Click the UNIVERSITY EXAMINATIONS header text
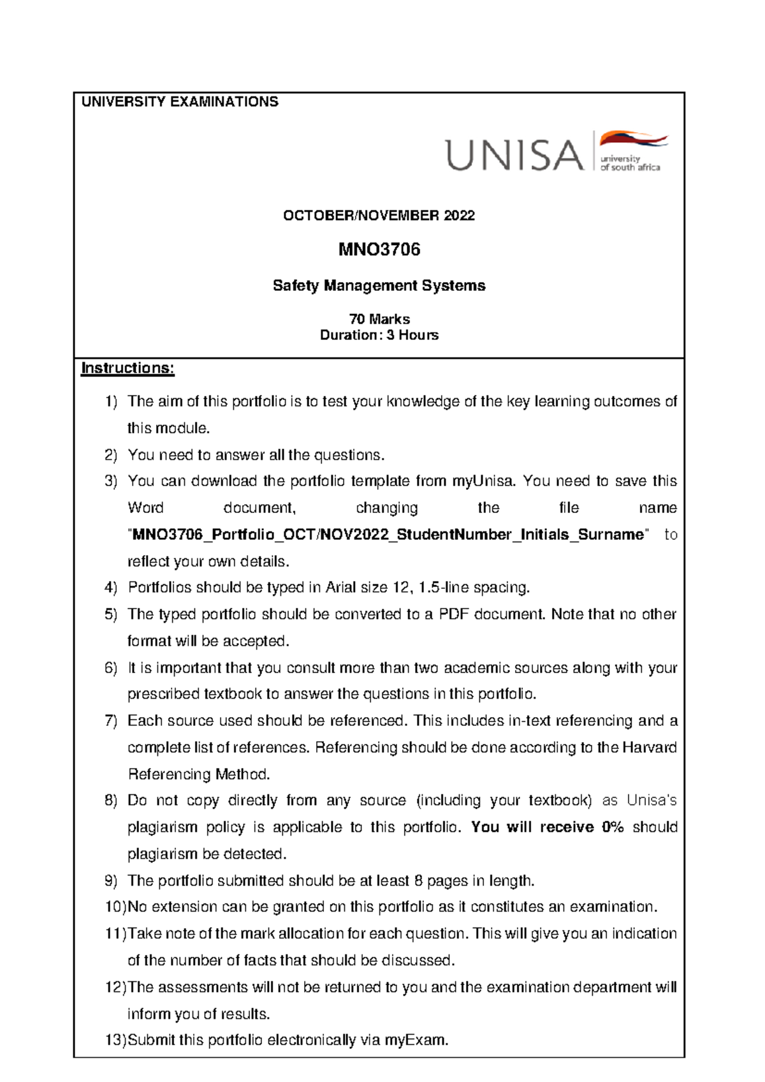(180, 102)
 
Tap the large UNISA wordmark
(514, 156)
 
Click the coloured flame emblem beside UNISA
(632, 140)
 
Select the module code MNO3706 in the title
(379, 249)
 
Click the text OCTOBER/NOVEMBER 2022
(379, 216)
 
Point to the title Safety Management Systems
(379, 286)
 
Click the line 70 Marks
(379, 319)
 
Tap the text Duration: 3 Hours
(379, 335)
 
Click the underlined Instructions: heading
(127, 368)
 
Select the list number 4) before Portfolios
(111, 588)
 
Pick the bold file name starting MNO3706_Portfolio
(388, 535)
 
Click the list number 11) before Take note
(115, 934)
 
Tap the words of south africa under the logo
(630, 168)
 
